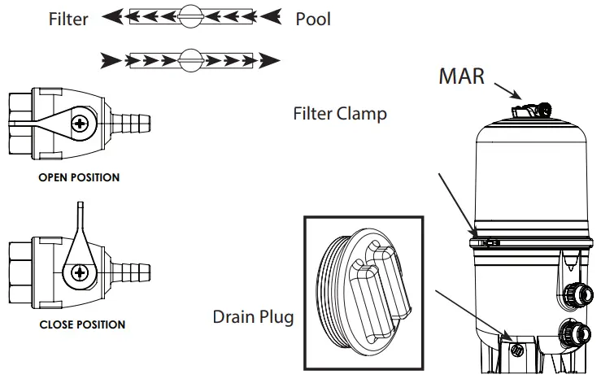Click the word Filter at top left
[x=68, y=18]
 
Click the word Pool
[x=313, y=18]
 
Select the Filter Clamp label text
[x=340, y=114]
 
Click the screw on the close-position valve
[x=80, y=272]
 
